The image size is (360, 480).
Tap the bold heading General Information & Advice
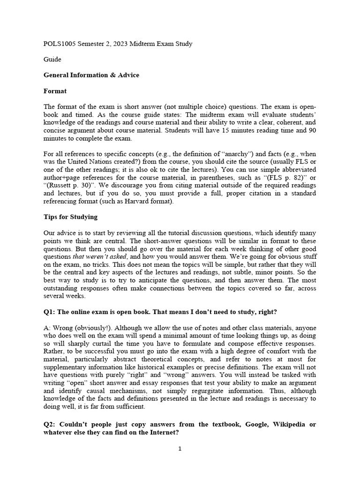[x=91, y=75]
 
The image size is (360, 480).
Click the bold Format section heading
[x=55, y=91]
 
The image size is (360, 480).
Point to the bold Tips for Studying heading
[x=70, y=217]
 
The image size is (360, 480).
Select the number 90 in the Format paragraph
[x=311, y=130]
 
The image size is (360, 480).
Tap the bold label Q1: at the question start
[x=50, y=312]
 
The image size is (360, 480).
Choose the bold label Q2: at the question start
[x=50, y=424]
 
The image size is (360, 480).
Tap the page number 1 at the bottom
[x=180, y=449]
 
